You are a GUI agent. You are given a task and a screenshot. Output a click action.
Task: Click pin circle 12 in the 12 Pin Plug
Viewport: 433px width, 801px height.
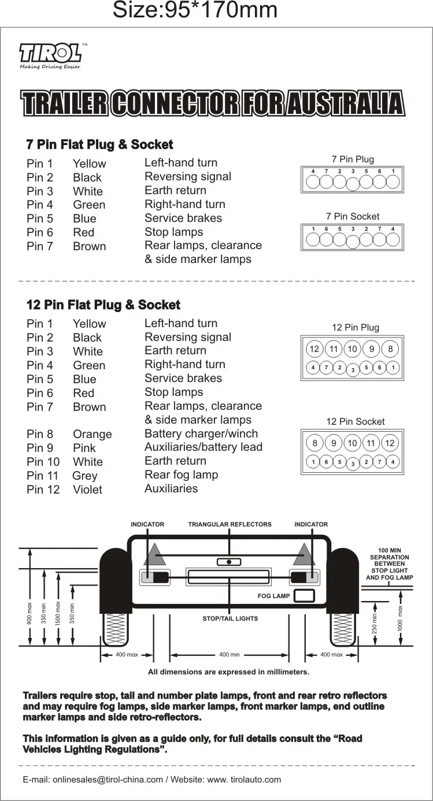314,348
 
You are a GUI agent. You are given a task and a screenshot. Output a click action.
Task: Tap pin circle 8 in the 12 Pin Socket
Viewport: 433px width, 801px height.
314,443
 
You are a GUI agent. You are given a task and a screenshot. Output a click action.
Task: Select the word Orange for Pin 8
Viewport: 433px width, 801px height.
92,434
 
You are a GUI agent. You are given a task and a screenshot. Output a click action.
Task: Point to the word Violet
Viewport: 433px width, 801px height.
88,489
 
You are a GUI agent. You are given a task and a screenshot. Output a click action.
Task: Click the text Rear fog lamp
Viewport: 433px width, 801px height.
182,475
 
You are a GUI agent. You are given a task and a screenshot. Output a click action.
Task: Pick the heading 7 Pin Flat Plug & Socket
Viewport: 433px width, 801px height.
100,144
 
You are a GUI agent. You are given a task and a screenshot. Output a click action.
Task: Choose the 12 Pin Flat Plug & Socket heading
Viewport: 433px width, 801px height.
103,305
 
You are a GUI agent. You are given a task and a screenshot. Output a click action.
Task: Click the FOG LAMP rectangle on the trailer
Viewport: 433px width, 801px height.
304,596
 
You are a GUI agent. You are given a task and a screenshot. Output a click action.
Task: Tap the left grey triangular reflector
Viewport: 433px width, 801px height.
155,555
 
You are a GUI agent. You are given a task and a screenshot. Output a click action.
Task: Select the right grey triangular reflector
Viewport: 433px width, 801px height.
304,555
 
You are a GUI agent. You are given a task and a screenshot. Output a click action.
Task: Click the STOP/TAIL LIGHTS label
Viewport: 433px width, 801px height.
230,618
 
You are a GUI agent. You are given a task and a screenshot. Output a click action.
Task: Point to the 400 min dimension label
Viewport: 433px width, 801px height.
230,655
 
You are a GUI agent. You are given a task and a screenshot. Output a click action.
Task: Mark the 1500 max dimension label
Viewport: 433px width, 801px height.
58,613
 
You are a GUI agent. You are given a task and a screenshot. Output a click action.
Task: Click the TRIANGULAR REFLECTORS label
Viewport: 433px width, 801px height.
230,524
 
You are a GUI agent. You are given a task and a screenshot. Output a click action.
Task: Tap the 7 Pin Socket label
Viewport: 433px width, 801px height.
353,216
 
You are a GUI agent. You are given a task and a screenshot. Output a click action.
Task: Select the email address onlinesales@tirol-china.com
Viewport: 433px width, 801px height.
108,780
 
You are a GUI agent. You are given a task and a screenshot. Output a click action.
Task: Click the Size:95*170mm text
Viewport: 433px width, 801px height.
195,10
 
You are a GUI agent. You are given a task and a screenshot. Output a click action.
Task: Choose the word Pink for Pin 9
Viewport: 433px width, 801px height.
84,448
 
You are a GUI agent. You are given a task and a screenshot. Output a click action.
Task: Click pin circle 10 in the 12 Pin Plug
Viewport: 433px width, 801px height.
352,348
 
